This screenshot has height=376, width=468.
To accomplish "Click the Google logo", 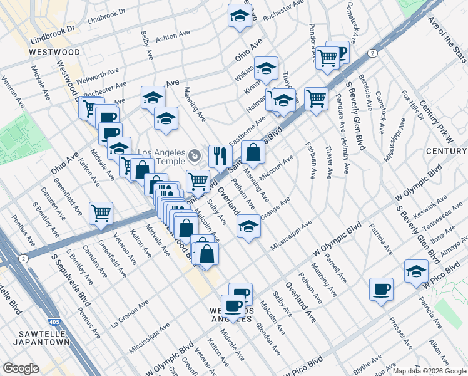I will [x=21, y=368].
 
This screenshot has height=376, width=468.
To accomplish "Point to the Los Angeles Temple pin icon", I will [x=195, y=154].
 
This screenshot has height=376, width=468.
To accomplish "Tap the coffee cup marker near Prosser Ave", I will [x=381, y=290].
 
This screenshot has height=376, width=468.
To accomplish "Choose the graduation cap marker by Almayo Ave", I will [x=416, y=270].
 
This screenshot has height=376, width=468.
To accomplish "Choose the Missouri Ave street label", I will [x=276, y=167].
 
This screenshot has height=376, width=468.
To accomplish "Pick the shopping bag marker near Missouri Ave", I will [x=252, y=151].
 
